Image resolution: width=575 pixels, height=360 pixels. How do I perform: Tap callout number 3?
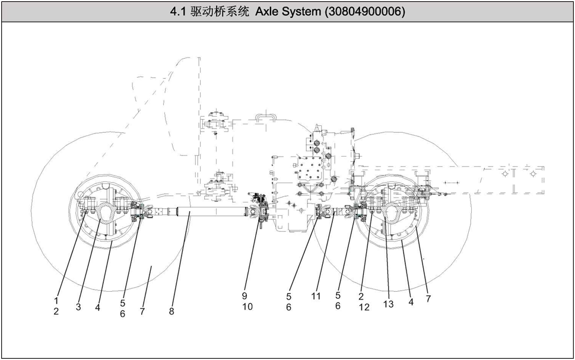78,307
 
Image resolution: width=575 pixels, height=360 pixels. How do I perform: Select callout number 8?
171,311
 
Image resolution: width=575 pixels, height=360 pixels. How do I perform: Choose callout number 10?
247,307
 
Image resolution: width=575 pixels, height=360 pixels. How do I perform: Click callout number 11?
316,295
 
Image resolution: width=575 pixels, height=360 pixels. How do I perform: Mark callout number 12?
364,307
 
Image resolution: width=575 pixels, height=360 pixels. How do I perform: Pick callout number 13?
388,304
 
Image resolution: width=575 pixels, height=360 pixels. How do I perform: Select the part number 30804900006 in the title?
365,12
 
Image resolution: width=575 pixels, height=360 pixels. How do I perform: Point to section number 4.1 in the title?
177,12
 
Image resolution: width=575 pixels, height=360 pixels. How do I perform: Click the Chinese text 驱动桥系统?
221,12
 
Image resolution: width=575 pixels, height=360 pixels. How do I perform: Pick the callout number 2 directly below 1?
56,311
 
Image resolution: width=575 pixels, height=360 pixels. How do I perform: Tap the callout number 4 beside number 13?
411,301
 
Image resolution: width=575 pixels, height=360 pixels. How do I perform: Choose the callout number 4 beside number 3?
97,307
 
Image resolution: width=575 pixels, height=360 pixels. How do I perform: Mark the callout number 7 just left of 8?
142,311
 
